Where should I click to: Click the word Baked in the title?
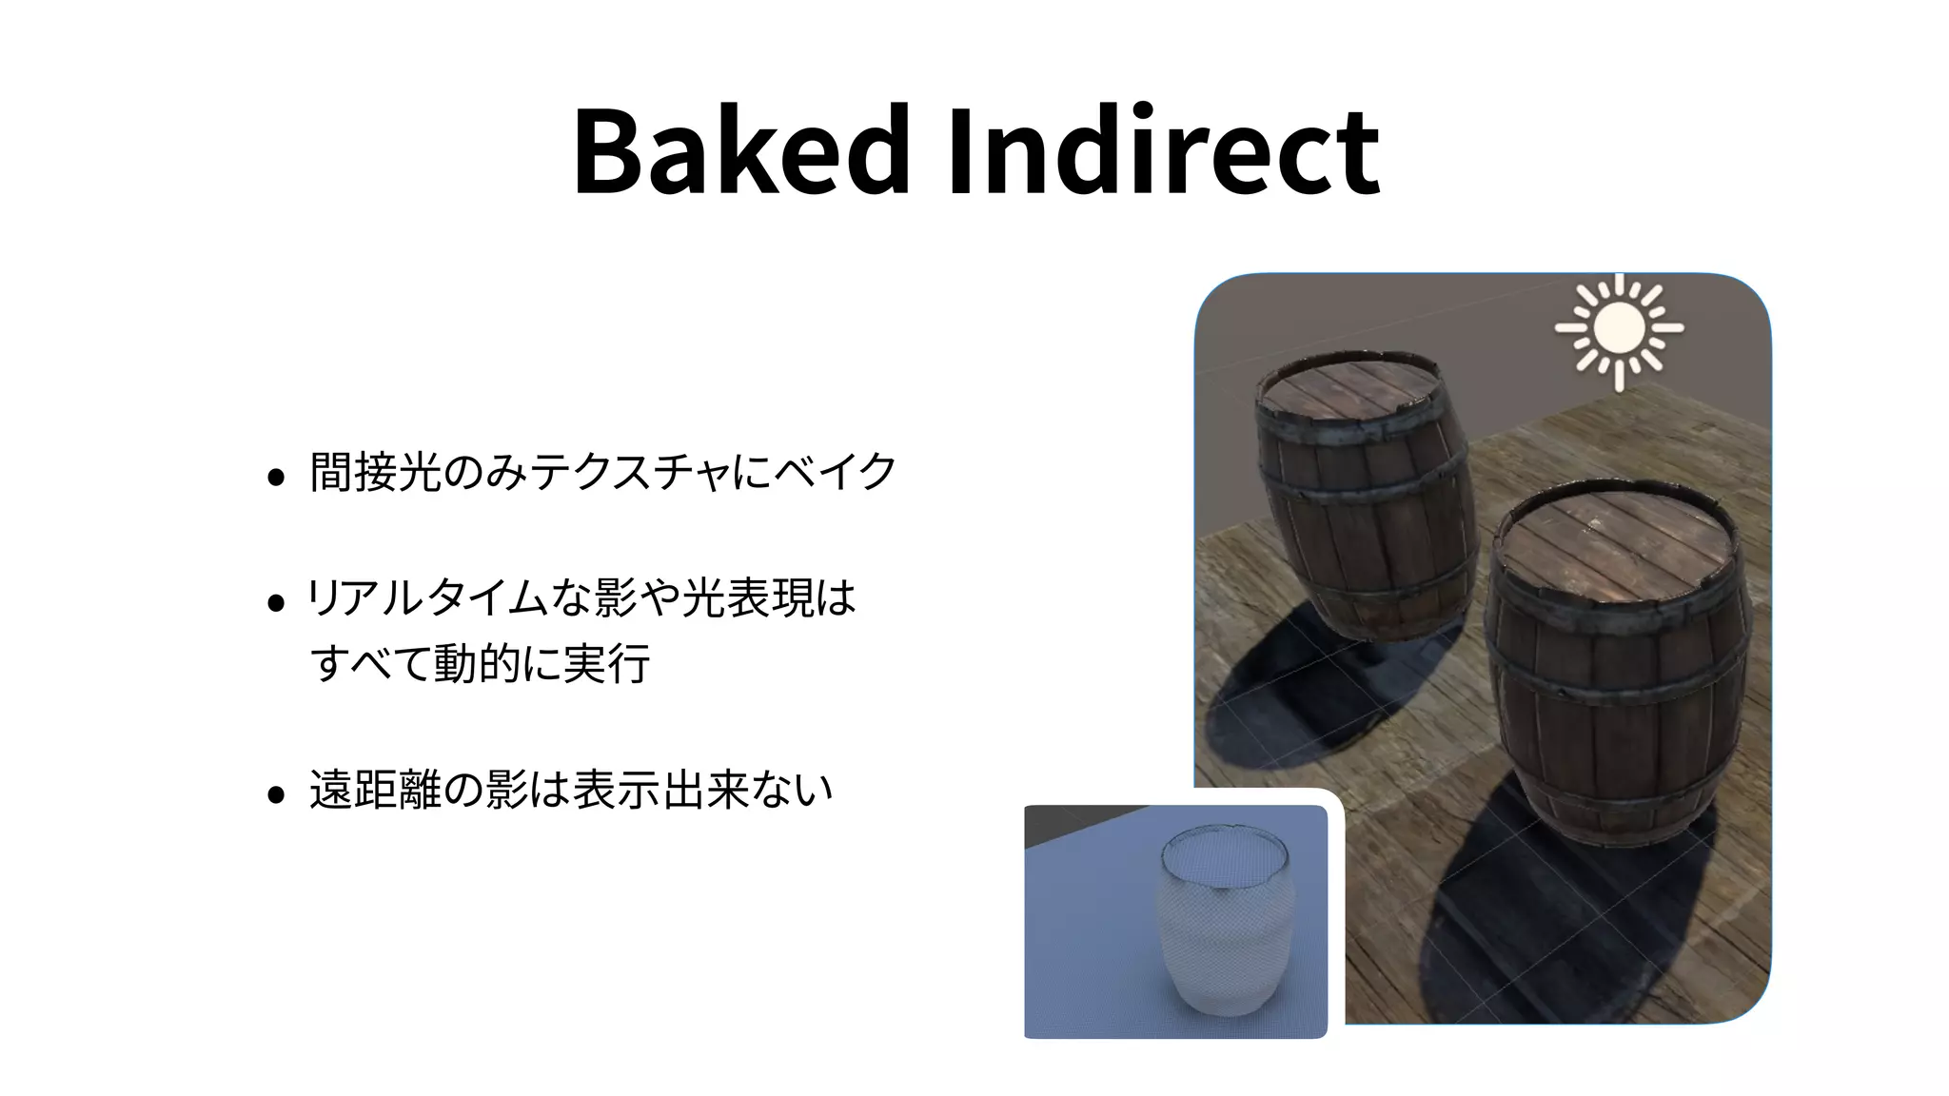[740, 152]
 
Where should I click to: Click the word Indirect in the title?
[1163, 152]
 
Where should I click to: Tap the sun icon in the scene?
[1619, 329]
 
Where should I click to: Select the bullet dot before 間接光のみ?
[276, 477]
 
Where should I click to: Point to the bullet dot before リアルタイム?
[276, 603]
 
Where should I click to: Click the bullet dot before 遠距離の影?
[276, 794]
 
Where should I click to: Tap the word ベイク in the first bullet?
[834, 472]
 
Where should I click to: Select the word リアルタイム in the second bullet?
[428, 598]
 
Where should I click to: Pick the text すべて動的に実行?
[480, 663]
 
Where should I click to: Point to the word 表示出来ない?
[702, 790]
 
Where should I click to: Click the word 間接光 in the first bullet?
[375, 472]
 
